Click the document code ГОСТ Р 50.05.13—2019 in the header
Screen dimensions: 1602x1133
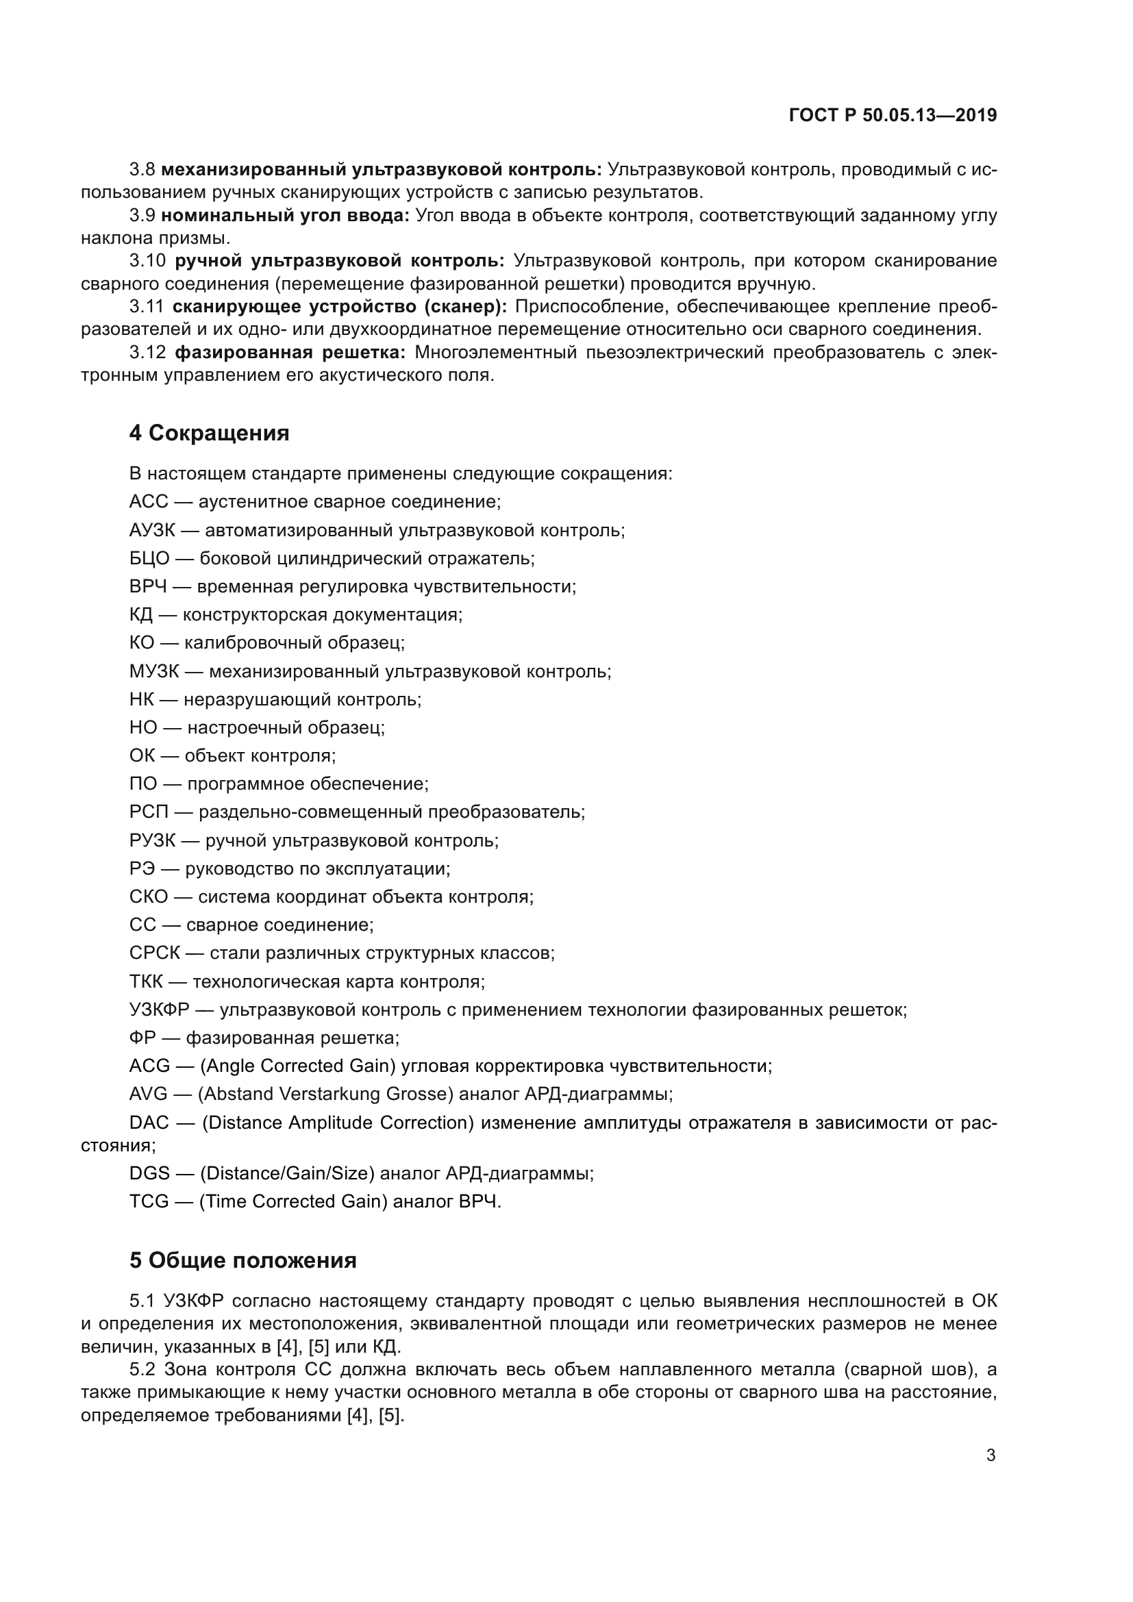coord(893,116)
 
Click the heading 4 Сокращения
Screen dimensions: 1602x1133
coord(210,434)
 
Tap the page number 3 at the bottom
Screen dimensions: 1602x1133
coord(991,1455)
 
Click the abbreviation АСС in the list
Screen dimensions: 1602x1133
coord(149,501)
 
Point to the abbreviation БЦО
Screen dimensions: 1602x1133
coord(149,558)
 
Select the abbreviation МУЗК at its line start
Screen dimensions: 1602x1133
coord(154,671)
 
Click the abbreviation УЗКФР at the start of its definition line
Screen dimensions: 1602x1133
coord(159,1010)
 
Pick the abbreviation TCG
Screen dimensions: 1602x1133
coord(149,1201)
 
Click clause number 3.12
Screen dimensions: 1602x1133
coord(148,352)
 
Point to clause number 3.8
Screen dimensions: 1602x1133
coord(142,170)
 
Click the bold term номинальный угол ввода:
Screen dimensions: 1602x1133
coord(286,216)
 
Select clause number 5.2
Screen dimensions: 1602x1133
coord(142,1370)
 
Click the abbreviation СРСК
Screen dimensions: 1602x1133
coord(154,953)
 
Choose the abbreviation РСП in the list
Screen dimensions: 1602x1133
coord(149,812)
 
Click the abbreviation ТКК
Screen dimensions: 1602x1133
coord(146,981)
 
